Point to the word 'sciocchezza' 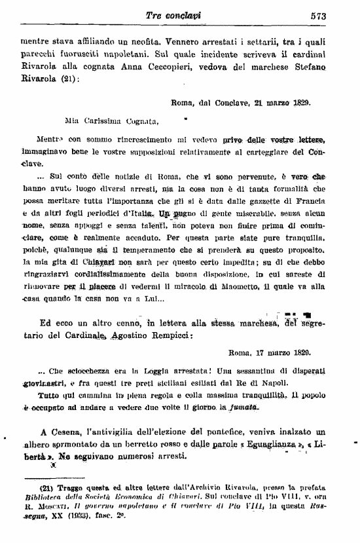88,370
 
